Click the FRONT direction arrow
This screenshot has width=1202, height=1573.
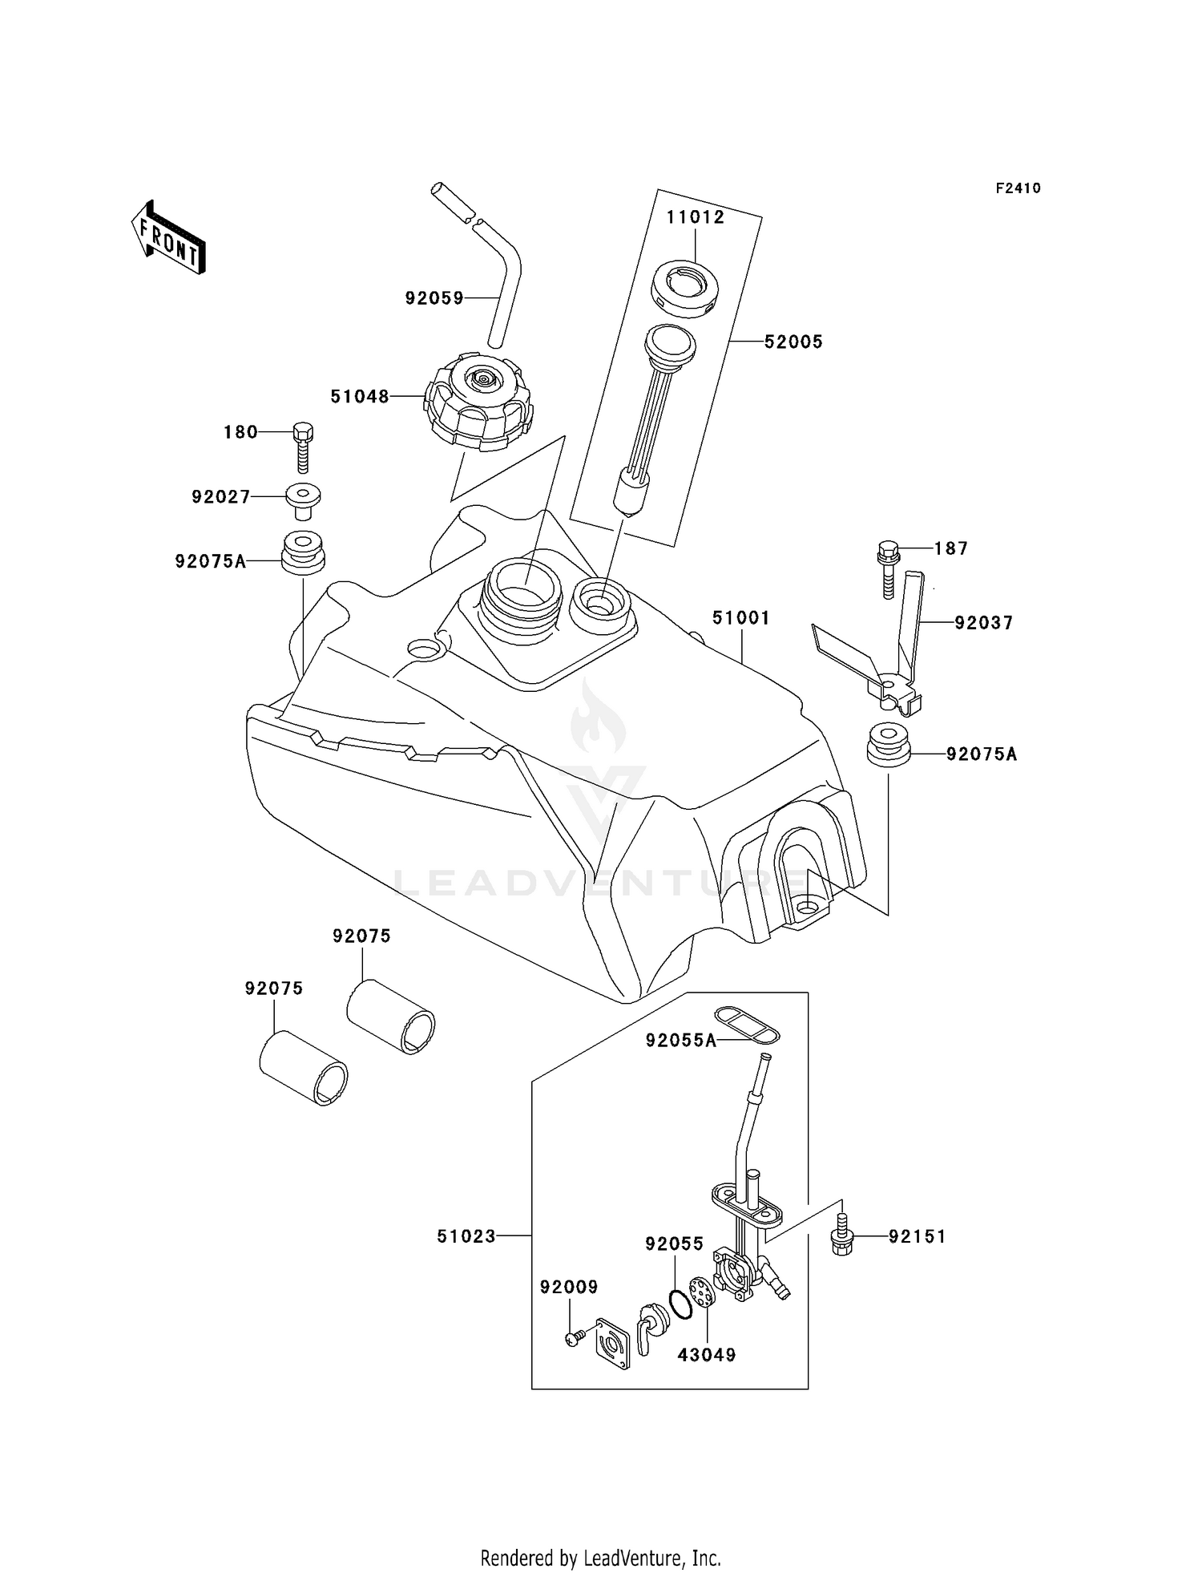click(168, 238)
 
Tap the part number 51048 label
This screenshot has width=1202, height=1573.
click(360, 396)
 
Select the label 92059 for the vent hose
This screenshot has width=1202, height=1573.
click(434, 298)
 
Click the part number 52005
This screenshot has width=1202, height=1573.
click(793, 342)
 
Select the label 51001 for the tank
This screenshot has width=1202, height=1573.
click(741, 618)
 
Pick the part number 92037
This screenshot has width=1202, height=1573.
click(983, 622)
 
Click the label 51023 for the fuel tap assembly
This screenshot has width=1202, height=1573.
click(466, 1236)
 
